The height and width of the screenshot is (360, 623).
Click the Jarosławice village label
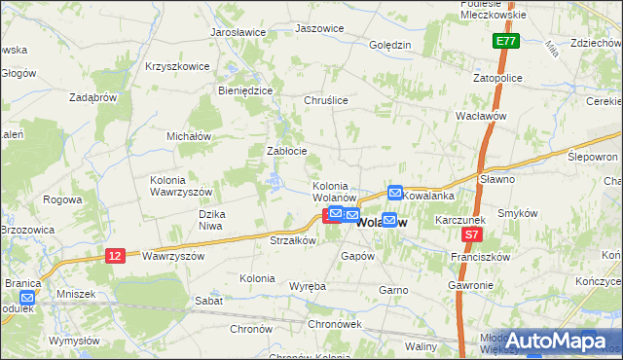[238, 32]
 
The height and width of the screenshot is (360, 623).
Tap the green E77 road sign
[504, 42]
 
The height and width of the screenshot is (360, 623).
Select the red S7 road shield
[471, 235]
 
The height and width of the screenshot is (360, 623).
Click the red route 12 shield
[115, 255]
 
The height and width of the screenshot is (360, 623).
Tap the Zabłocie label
[287, 151]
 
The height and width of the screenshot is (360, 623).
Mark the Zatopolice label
[497, 77]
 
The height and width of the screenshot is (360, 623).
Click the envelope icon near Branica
[27, 299]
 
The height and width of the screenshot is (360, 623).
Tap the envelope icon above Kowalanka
[395, 193]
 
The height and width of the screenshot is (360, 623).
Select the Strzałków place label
[291, 240]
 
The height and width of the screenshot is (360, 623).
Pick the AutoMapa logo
[556, 341]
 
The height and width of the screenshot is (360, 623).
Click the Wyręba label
[308, 286]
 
